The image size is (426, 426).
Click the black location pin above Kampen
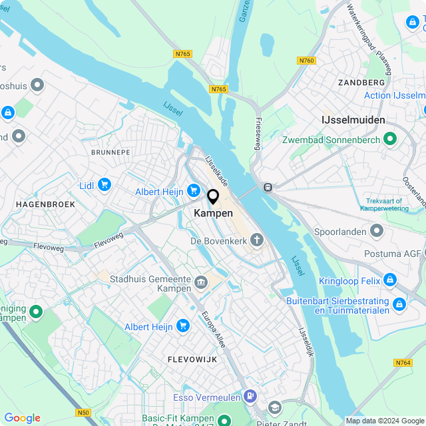213,196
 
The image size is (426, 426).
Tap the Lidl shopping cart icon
104,185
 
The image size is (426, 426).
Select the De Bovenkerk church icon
257,240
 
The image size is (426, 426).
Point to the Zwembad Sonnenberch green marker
390,140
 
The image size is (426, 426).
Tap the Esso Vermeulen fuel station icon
250,397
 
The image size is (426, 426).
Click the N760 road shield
306,61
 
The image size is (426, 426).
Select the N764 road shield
403,363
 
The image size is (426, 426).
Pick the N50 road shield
83,413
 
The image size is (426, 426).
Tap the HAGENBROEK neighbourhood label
45,204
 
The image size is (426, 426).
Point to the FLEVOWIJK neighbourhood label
193,359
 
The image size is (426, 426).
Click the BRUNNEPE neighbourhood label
110,152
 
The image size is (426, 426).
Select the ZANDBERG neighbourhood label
361,82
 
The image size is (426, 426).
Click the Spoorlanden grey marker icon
377,231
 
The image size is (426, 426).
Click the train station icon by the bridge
268,188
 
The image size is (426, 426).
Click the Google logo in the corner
22,418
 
